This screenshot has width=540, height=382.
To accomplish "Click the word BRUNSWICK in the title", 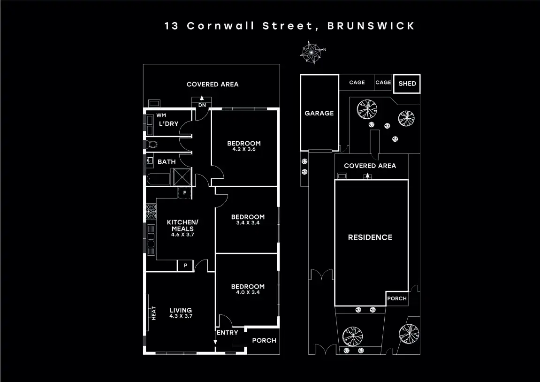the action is click(x=371, y=26).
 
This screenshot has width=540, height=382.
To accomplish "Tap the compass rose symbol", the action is click(x=311, y=52).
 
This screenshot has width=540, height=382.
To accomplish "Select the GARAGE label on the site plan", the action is click(x=319, y=113).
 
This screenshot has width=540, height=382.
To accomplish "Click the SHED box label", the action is click(x=407, y=84).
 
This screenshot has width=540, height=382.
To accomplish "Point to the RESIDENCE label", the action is click(x=370, y=237).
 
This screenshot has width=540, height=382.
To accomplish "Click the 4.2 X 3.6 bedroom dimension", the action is click(x=243, y=150).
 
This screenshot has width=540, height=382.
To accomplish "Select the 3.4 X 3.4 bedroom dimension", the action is click(x=248, y=223).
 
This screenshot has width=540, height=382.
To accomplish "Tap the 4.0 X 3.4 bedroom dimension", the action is click(x=248, y=292).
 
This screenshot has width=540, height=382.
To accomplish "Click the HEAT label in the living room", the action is click(x=153, y=313).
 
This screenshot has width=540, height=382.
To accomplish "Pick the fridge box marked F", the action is click(x=185, y=192).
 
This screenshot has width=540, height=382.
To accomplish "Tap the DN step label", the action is click(x=202, y=105).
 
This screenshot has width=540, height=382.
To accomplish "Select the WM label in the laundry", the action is click(x=161, y=115).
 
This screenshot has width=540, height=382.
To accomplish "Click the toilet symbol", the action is click(x=150, y=145).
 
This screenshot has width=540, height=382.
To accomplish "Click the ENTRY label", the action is click(x=227, y=333).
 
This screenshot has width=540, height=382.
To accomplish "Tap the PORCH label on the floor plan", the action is click(x=264, y=341).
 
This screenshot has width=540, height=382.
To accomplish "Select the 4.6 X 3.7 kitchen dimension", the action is click(x=183, y=235).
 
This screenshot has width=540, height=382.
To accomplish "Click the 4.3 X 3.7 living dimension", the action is click(x=181, y=316).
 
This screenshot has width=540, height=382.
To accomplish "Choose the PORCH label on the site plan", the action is click(x=397, y=298).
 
